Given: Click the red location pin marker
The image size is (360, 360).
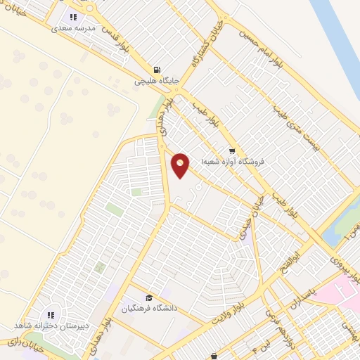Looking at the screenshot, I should click(181, 165).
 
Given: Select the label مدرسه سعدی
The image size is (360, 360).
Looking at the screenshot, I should click(72, 29).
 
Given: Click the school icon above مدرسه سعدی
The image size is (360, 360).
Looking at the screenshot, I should click(72, 18).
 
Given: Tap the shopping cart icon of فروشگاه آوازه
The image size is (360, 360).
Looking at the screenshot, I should click(232, 150).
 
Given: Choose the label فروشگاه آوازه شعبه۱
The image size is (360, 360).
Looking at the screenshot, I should click(233, 161).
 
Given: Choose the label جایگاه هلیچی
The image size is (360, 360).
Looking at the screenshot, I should click(158, 81).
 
